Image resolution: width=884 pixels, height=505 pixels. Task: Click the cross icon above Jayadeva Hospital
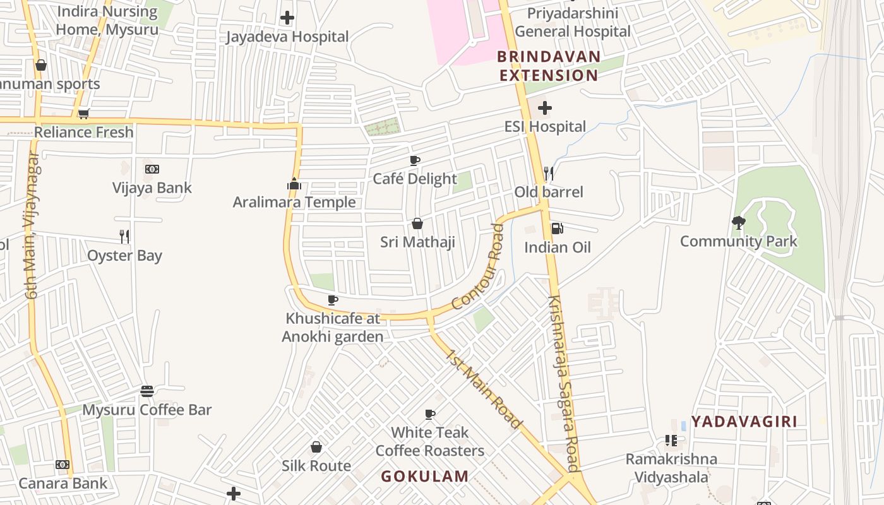click(x=287, y=18)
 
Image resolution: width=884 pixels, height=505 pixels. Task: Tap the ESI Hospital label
click(x=545, y=127)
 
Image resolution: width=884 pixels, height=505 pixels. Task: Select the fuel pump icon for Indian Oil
click(x=557, y=228)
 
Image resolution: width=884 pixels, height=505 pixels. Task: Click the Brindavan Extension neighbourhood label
click(x=548, y=66)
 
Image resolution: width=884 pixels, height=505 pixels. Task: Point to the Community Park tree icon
click(x=738, y=222)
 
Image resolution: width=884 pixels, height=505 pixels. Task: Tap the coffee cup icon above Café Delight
click(x=415, y=160)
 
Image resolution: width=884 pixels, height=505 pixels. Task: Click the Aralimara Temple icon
click(x=294, y=184)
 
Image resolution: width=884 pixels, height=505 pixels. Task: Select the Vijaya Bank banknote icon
click(x=152, y=169)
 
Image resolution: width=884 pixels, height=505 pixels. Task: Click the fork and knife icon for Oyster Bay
click(x=124, y=237)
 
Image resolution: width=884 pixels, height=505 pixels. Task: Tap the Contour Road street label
click(x=478, y=268)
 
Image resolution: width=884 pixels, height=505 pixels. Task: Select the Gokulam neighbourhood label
click(x=424, y=477)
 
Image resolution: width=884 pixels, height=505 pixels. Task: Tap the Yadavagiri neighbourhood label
click(x=744, y=422)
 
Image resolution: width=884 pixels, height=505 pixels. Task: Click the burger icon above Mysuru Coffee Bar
click(x=147, y=391)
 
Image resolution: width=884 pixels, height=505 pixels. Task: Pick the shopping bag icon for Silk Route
click(x=316, y=447)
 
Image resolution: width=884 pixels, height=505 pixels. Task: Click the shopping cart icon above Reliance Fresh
click(x=83, y=114)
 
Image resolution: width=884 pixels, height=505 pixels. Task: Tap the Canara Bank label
click(x=63, y=484)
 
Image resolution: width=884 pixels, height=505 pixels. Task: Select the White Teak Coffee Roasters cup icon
click(x=430, y=414)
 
